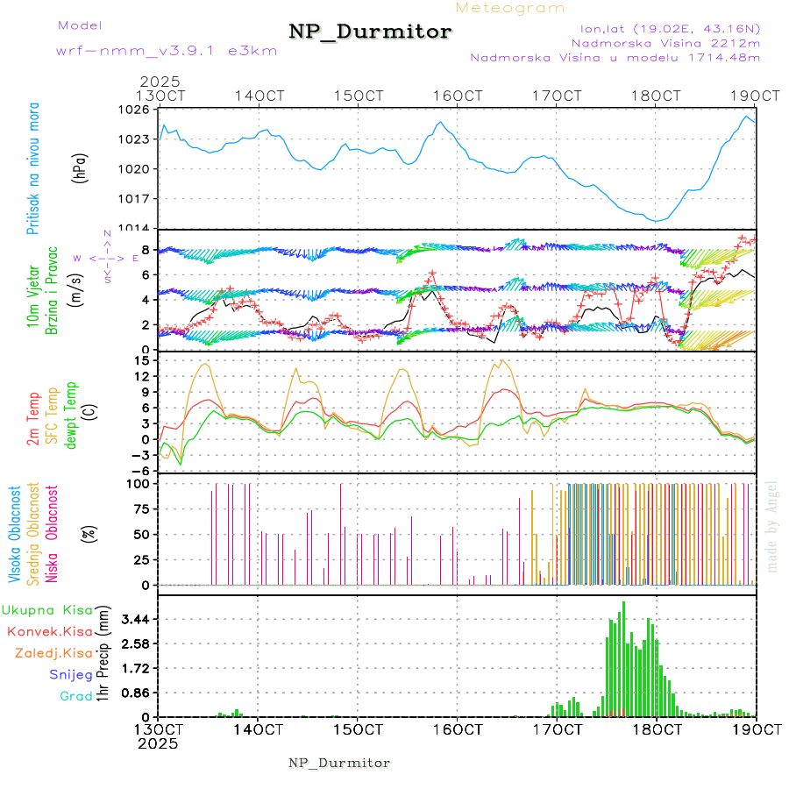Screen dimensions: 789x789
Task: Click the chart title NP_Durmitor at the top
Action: click(370, 32)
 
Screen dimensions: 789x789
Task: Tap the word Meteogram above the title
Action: click(510, 8)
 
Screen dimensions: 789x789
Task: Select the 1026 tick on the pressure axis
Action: click(135, 110)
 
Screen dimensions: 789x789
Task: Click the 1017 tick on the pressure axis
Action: click(135, 199)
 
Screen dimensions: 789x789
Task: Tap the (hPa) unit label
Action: click(81, 167)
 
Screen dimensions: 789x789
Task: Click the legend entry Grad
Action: click(76, 696)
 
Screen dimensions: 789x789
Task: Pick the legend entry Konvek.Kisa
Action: click(49, 631)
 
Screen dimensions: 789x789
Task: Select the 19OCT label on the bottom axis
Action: click(755, 729)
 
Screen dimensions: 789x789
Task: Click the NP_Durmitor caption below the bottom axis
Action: click(339, 763)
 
